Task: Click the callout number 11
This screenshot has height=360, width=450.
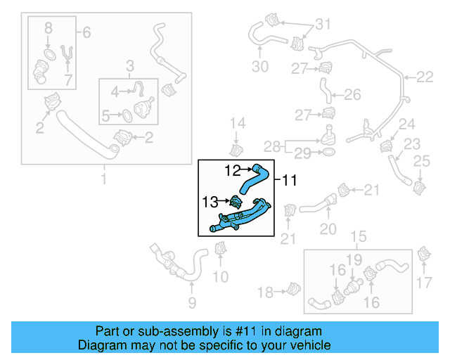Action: coord(290,180)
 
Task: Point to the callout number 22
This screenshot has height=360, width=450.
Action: coord(426,77)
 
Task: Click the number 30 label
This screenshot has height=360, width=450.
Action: coord(260,67)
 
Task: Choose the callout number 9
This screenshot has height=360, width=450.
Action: coord(191,304)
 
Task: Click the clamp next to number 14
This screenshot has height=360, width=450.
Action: coord(236,149)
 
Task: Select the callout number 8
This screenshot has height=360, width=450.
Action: coord(48,29)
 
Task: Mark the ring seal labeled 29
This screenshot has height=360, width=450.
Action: coord(330,150)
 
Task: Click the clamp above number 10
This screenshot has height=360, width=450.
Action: coord(221,248)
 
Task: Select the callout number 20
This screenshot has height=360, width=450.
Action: coord(328,229)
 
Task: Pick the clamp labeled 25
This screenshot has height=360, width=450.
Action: coord(420,188)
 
